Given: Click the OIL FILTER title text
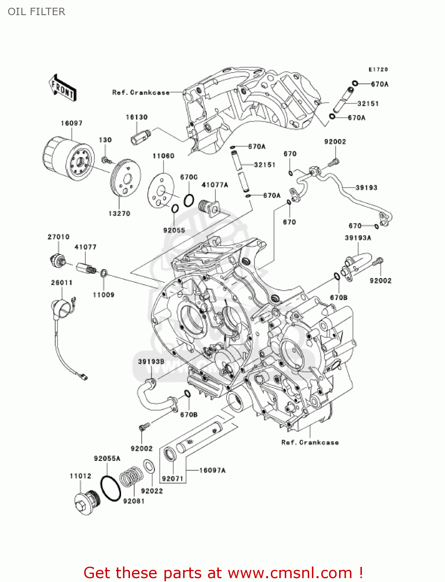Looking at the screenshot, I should point(36,12).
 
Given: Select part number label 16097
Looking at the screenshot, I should point(71,123).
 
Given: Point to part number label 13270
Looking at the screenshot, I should point(119,213).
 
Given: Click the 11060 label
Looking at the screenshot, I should point(163,156).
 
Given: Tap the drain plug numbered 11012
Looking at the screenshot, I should point(87,503).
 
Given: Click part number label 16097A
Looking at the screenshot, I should point(212,470).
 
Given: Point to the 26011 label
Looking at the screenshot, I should point(62,282).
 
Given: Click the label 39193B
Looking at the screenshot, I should point(151,362).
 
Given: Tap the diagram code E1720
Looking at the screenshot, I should point(378,69).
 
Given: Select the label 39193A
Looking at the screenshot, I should point(358,237).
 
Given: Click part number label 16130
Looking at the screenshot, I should point(137,117).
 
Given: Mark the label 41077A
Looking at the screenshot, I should point(215,185).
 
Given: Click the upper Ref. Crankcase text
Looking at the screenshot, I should point(141,92).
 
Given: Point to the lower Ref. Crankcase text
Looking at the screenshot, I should point(310,442).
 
